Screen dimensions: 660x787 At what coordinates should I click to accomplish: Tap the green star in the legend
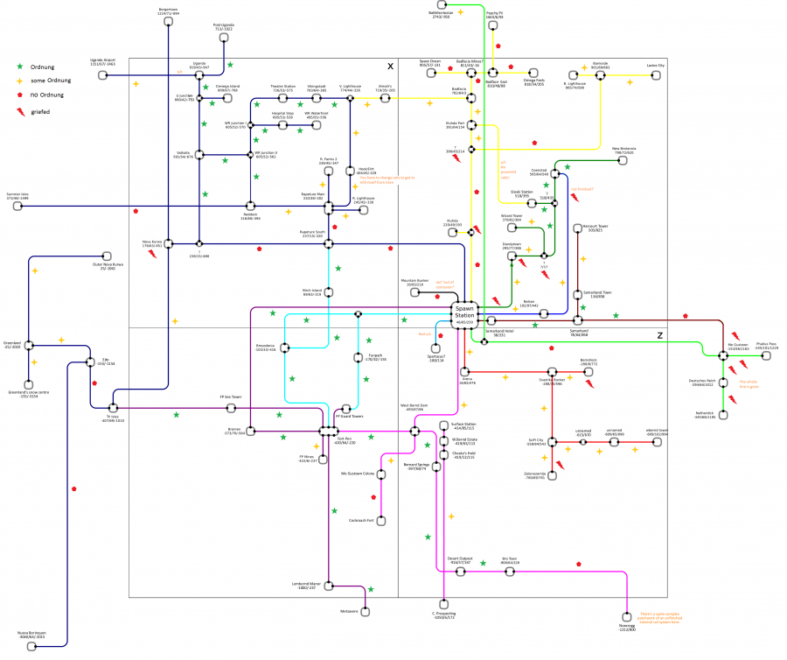tap(21, 66)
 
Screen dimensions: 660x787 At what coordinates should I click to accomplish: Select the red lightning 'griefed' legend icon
tap(21, 111)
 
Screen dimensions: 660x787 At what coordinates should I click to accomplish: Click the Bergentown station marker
tap(167, 25)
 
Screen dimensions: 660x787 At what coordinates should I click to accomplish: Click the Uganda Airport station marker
tap(103, 75)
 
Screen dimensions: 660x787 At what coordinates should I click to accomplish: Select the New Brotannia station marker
tap(623, 160)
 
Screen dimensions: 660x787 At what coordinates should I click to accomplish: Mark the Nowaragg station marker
tap(628, 614)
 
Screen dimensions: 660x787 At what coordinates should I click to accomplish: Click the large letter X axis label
tap(390, 67)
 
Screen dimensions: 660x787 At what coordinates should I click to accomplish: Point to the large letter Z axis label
tap(659, 335)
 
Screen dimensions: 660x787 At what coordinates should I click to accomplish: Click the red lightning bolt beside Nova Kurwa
tap(152, 255)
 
